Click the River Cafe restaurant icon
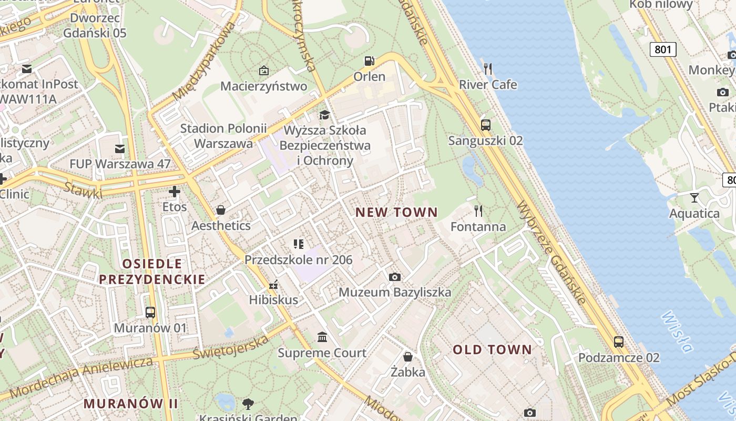488,68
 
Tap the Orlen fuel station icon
370,61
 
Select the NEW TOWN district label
396,213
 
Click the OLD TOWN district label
493,349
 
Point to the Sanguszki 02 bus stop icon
485,125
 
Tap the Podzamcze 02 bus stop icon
619,342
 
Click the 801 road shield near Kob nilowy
663,49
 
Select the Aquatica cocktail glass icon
694,198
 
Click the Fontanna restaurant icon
478,211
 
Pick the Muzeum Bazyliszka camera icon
394,277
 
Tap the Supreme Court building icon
322,337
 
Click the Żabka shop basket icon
407,357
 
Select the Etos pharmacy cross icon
175,192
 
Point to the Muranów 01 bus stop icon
150,313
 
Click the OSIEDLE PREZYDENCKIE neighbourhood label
152,272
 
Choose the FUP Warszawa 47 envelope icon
120,149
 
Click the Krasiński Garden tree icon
248,404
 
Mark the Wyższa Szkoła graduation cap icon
324,115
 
